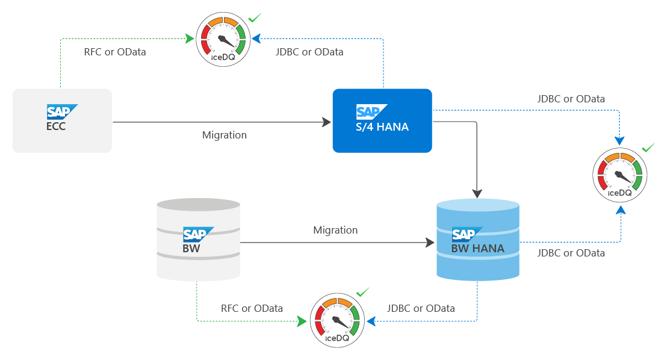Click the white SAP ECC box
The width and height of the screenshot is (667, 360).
[x=62, y=120]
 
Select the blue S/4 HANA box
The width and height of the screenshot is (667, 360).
[x=382, y=120]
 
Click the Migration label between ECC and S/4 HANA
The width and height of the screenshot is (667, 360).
[x=225, y=135]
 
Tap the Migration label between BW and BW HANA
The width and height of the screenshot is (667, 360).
[x=335, y=230]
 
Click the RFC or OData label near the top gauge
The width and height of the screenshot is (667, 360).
[x=114, y=52]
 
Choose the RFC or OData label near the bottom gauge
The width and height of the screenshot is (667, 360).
[x=252, y=308]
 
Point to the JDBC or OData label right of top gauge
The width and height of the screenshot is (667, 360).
[x=309, y=52]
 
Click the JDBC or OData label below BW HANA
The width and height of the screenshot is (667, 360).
[x=571, y=253]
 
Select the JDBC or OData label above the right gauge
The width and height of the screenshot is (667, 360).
[x=571, y=98]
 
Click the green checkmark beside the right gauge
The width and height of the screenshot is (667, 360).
[x=648, y=147]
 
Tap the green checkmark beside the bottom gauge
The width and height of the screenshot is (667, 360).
[x=362, y=293]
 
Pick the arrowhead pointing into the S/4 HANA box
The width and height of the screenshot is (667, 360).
[x=327, y=123]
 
